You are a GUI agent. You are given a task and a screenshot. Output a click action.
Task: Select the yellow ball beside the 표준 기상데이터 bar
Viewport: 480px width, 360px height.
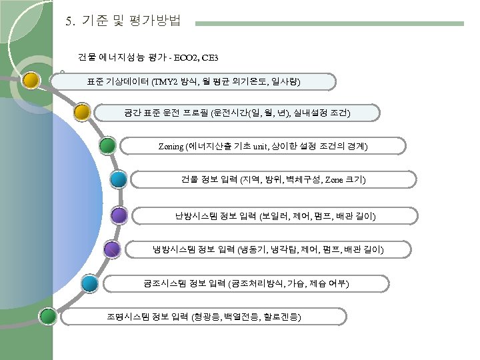[x=31, y=81]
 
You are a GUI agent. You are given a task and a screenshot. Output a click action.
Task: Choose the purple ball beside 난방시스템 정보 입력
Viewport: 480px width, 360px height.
[x=119, y=215]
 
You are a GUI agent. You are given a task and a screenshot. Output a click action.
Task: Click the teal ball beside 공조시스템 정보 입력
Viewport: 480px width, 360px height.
[x=89, y=283]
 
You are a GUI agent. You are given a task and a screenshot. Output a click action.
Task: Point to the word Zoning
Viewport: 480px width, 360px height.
[x=172, y=146]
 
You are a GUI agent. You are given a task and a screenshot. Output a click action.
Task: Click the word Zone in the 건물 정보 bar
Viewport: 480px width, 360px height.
[x=335, y=180]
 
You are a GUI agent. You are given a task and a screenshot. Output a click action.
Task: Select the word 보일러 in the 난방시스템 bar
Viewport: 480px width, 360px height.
[x=275, y=216]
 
